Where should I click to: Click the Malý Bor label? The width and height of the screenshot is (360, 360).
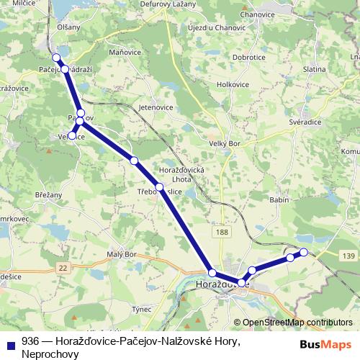click(121, 255)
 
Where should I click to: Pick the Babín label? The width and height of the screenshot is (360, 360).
click(279, 199)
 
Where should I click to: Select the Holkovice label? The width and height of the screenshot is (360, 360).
click(233, 84)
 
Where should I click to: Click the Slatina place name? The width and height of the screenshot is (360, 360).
click(315, 69)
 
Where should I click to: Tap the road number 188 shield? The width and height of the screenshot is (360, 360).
click(222, 232)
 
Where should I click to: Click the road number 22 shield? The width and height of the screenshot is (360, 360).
click(63, 267)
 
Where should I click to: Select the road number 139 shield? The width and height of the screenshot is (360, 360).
click(349, 256)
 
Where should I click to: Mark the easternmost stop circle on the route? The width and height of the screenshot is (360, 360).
click(304, 252)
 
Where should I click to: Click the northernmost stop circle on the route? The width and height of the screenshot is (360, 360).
click(56, 58)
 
